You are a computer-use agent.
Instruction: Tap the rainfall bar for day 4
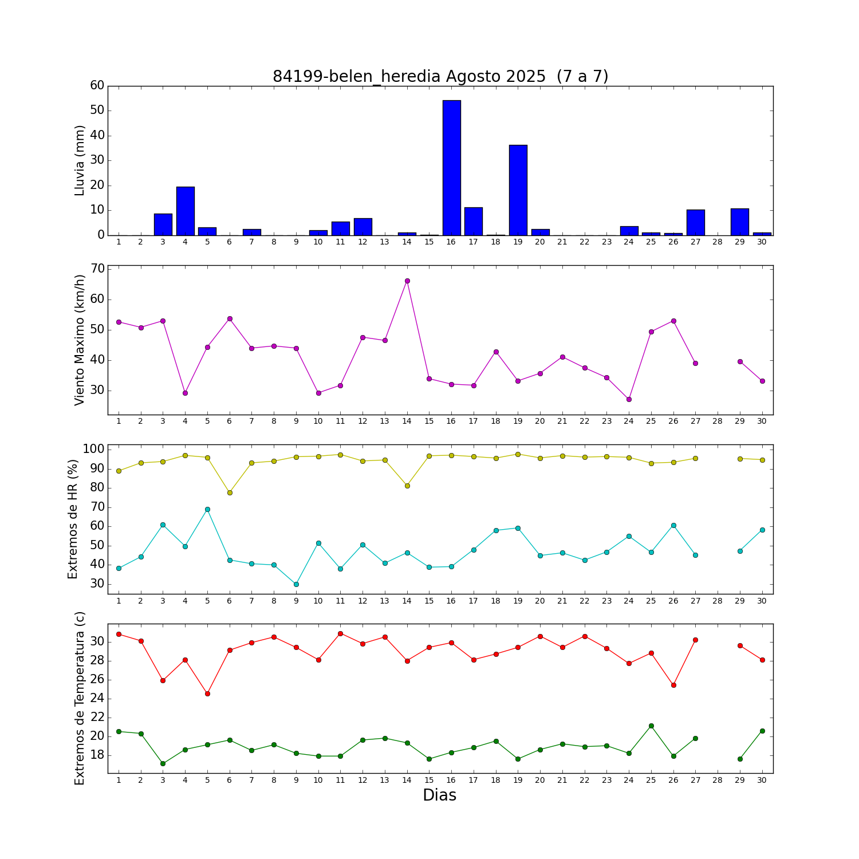click(x=185, y=211)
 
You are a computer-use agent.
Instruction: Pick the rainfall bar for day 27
click(x=696, y=222)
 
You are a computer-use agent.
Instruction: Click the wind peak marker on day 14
click(x=407, y=281)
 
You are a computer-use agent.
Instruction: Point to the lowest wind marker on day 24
click(x=629, y=399)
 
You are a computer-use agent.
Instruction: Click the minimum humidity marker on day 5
click(x=207, y=509)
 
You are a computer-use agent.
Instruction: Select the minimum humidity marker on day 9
click(x=296, y=584)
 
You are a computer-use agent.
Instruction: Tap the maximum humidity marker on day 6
click(x=230, y=492)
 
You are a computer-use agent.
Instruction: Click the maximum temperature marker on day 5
click(x=207, y=693)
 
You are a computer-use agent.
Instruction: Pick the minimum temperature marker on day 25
click(x=651, y=726)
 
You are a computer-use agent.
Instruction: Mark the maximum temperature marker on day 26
click(x=673, y=685)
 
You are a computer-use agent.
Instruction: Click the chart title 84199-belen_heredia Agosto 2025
click(x=440, y=76)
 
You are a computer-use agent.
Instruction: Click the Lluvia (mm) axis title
click(x=80, y=160)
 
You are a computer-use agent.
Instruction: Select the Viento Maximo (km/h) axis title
click(x=80, y=340)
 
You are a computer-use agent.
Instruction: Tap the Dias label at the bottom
click(x=439, y=795)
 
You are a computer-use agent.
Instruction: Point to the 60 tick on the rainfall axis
click(x=97, y=85)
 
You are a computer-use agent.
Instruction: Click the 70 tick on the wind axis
click(x=97, y=269)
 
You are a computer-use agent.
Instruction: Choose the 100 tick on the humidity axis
click(x=94, y=449)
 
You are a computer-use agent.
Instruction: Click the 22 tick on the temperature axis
click(x=97, y=717)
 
